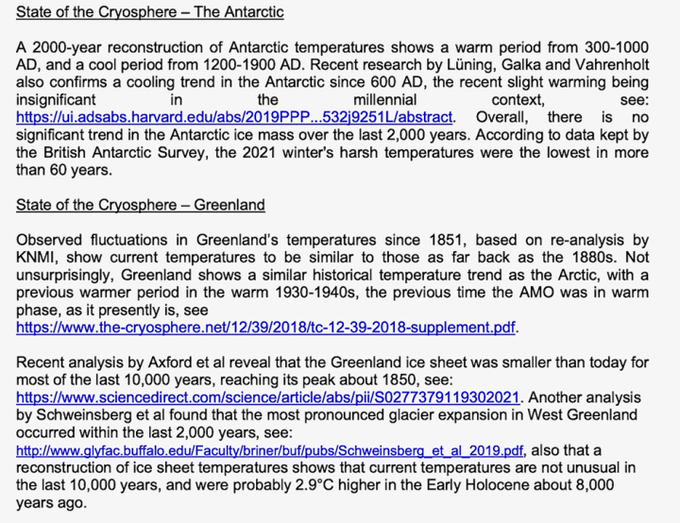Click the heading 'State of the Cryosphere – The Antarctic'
click(150, 13)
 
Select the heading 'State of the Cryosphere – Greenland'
click(141, 205)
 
